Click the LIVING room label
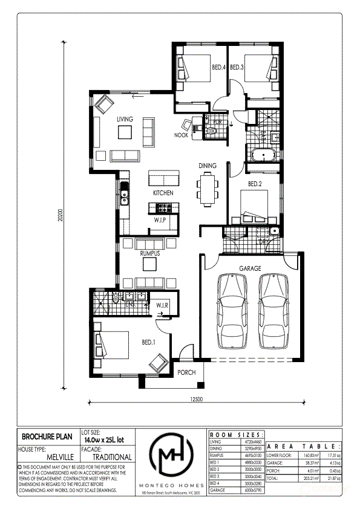[x=125, y=120]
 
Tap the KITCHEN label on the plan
[x=163, y=193]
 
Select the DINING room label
[x=208, y=165]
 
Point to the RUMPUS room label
[x=149, y=254]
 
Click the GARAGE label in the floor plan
[x=250, y=268]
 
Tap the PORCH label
[x=186, y=372]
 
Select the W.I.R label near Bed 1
[x=162, y=305]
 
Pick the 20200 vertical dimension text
[x=61, y=216]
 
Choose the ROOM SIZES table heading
[x=236, y=435]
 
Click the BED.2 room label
[x=254, y=184]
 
